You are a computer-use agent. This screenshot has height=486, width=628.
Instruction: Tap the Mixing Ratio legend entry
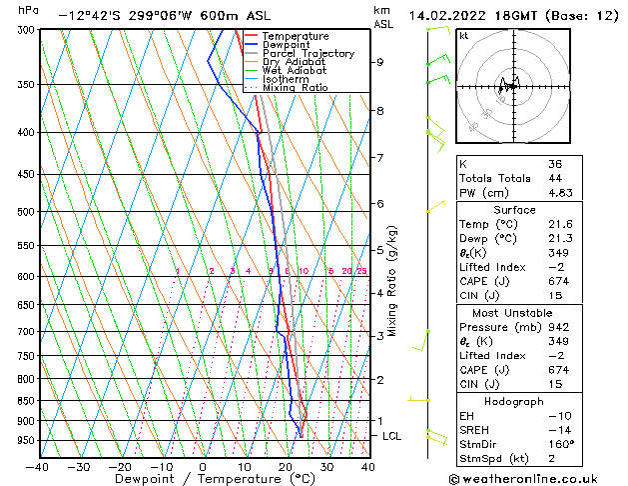click(297, 87)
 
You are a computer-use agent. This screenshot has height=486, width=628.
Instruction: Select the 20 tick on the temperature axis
click(286, 466)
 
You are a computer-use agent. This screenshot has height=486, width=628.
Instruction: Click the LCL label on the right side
click(392, 436)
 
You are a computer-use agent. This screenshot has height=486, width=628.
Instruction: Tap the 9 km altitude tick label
click(380, 62)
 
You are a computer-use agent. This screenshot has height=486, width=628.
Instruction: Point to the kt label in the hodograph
click(464, 35)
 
